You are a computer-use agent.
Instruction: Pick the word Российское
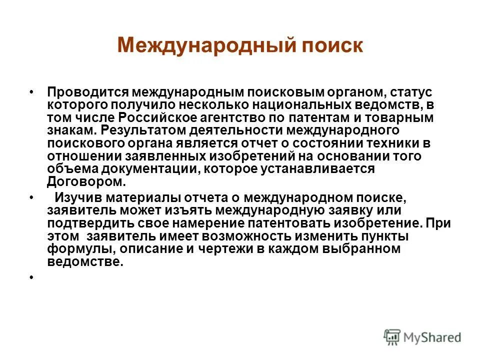point(159,118)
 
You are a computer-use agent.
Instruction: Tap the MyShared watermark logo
point(422,336)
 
